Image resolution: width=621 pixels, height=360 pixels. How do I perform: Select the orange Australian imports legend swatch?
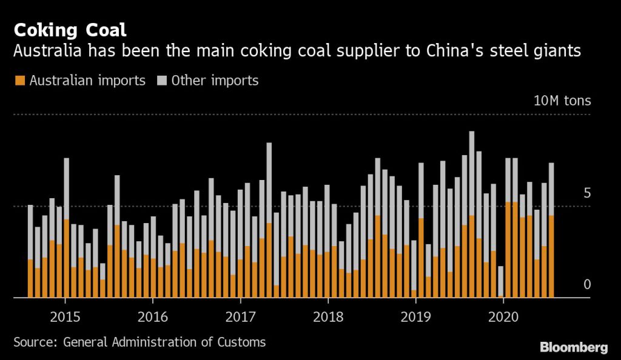coord(19,81)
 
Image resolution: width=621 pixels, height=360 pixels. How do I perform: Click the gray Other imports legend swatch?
coord(163,81)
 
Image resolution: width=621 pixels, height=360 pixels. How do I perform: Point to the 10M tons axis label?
coord(562,101)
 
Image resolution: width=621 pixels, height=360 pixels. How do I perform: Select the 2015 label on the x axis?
coord(64,316)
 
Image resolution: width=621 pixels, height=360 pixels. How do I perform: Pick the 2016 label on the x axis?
coord(152,316)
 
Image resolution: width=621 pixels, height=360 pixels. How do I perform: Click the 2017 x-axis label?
coord(240,316)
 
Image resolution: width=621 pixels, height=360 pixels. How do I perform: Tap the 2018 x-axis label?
coord(327,316)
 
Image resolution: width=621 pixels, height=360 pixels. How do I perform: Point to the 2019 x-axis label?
coord(415,316)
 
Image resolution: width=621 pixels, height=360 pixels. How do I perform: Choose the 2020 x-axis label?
coord(503,316)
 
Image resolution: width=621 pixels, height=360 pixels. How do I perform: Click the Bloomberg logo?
coord(573,347)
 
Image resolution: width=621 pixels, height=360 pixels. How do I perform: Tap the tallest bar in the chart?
coord(472,212)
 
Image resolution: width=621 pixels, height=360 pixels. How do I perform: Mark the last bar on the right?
coord(551,230)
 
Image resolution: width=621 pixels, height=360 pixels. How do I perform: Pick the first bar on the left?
coord(30,252)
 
